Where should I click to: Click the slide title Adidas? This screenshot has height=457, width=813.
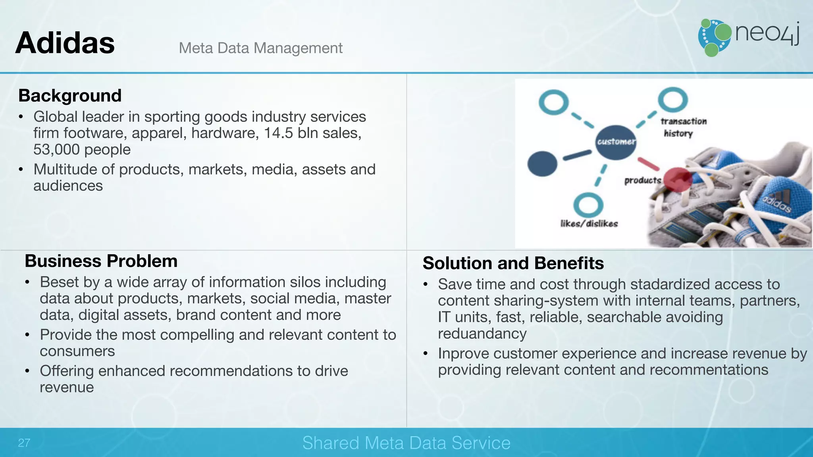point(65,43)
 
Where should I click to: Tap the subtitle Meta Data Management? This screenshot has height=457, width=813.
point(260,48)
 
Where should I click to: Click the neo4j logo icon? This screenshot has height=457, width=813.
point(715,38)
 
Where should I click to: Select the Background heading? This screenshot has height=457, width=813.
point(70,96)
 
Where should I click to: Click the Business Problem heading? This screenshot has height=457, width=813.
point(101,261)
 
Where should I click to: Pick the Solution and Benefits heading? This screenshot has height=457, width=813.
point(513,263)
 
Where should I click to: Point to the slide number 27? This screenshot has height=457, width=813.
point(24,443)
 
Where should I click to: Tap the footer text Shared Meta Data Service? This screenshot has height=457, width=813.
point(406,443)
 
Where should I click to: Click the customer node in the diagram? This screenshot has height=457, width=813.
point(616,142)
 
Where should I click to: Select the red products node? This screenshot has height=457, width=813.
point(678,179)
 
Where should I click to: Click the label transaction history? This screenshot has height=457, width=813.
point(683,127)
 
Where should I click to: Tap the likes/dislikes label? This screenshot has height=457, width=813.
point(589,224)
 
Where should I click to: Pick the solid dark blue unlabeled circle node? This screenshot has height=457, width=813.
point(542,163)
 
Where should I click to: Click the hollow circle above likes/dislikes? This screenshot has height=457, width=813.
point(588,205)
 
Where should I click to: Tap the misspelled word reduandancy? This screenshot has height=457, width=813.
point(482,334)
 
